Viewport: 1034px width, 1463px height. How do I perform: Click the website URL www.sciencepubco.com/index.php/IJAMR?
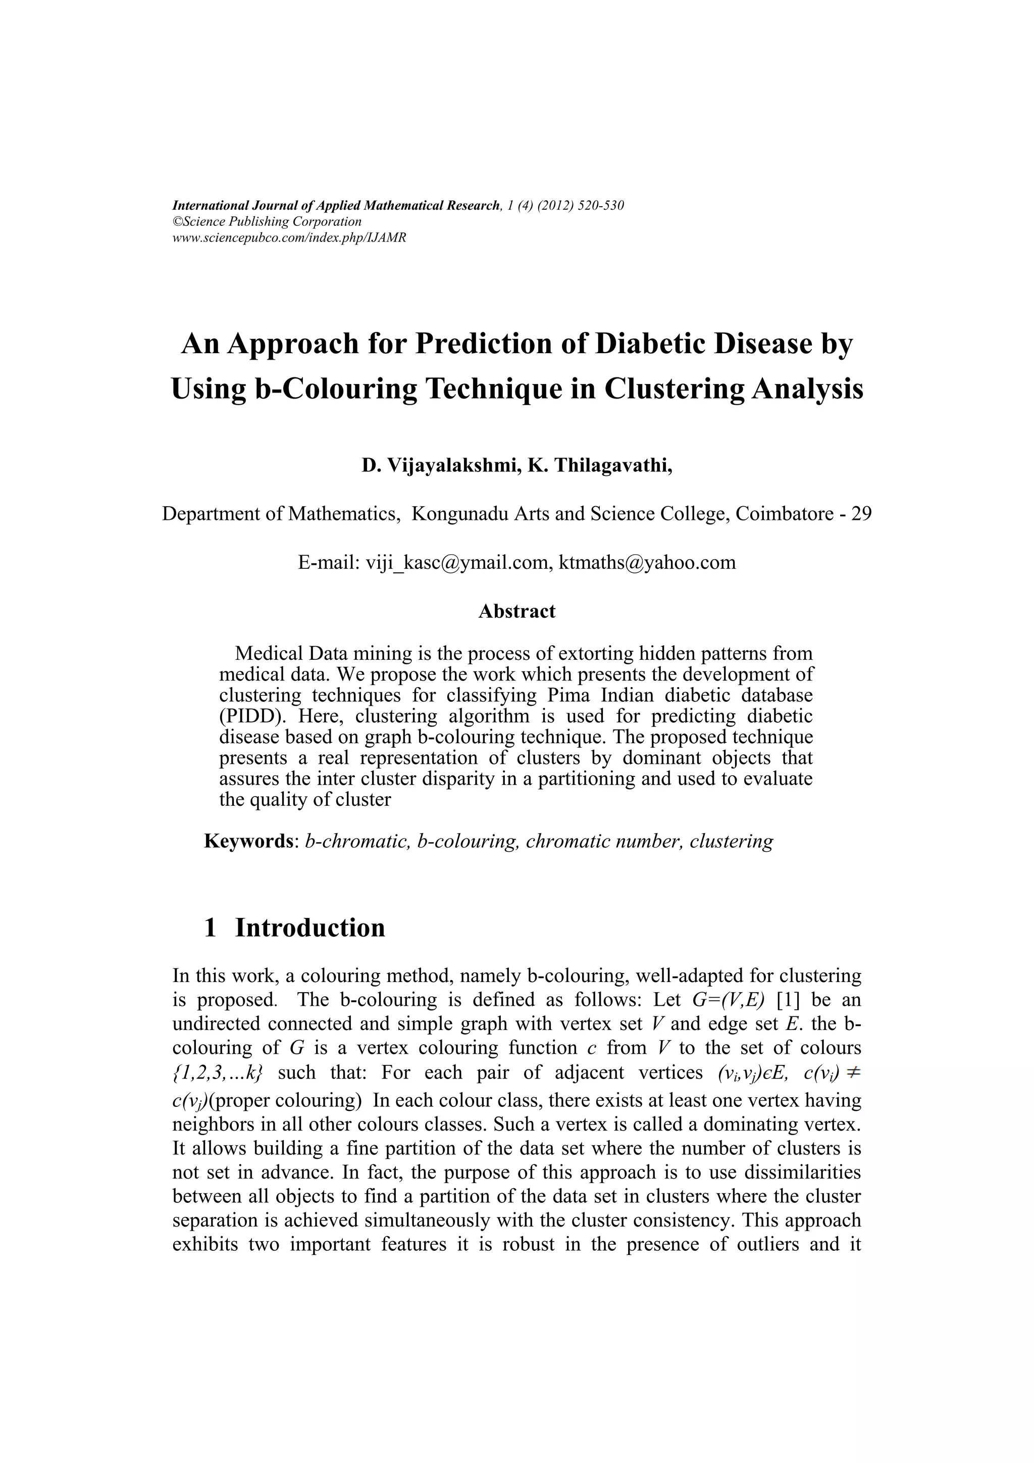(289, 237)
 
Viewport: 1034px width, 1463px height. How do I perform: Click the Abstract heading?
(517, 611)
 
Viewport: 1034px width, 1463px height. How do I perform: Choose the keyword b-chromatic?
(356, 841)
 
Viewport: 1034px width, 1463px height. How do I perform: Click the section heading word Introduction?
(310, 928)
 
